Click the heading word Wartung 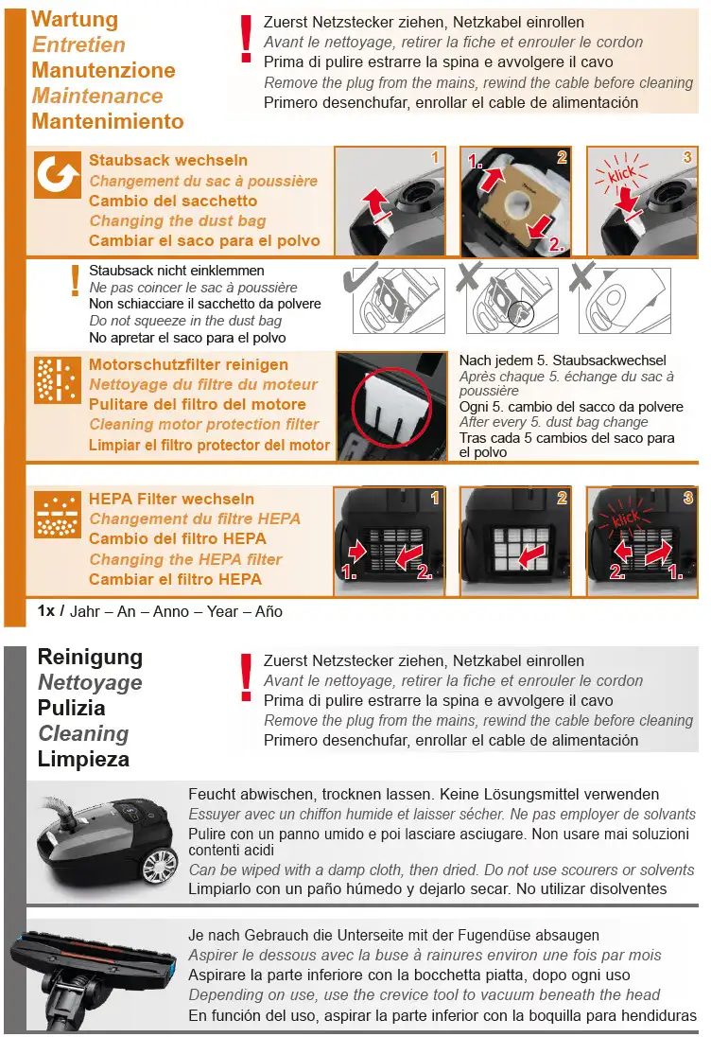[x=75, y=19]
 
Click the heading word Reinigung [x=90, y=658]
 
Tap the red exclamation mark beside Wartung [x=247, y=39]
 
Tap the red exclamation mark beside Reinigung [x=247, y=677]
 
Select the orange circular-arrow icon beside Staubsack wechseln [x=58, y=175]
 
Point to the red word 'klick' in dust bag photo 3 [x=622, y=174]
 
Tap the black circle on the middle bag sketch [x=521, y=313]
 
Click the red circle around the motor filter [x=391, y=408]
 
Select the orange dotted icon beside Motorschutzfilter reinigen [x=58, y=380]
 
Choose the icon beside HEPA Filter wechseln [x=58, y=515]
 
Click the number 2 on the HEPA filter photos [x=562, y=498]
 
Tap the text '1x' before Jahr [x=46, y=611]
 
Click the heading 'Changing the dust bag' [x=177, y=220]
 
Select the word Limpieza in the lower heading [x=83, y=759]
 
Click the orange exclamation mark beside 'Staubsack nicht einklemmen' [x=76, y=280]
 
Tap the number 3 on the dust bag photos [x=687, y=157]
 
